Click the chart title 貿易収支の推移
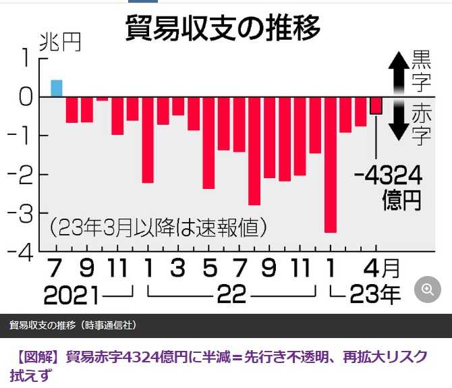(x=223, y=28)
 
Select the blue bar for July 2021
(x=57, y=88)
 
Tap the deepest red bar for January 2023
(x=330, y=164)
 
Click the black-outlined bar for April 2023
(x=376, y=105)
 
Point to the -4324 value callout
(x=388, y=176)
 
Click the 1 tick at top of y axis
(x=26, y=59)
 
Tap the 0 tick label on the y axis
(x=25, y=97)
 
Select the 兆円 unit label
(x=59, y=43)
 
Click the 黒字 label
(x=421, y=72)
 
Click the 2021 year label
(x=71, y=294)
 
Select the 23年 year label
(x=374, y=294)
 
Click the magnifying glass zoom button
(x=428, y=289)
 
